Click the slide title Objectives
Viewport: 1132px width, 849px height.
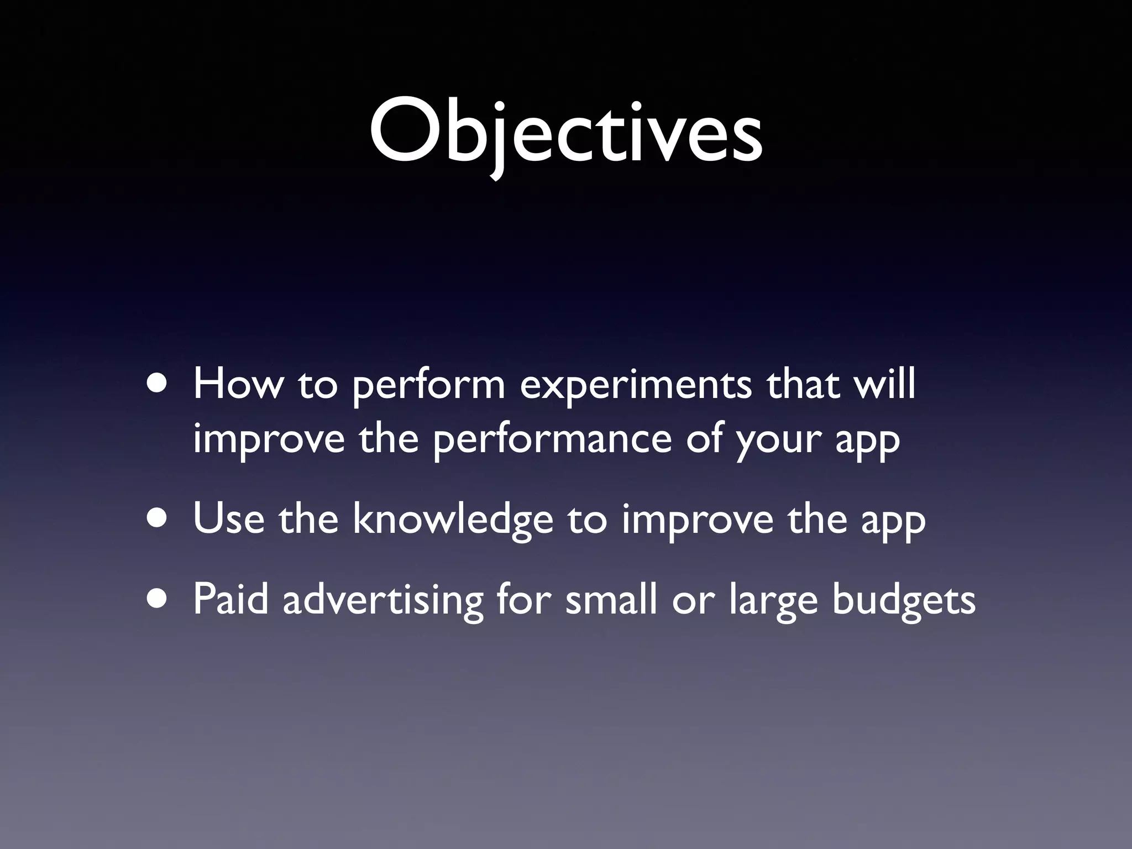point(566,135)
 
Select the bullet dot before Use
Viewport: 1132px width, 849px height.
point(159,519)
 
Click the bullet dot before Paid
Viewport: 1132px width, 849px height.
point(159,599)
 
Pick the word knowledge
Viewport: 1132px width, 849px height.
point(453,520)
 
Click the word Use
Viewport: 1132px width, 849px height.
point(229,520)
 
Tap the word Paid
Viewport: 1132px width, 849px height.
point(230,600)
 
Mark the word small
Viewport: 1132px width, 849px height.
point(611,600)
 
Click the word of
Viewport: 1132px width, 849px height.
point(704,439)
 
